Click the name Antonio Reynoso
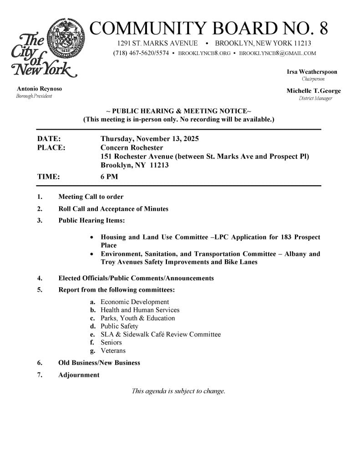pos(39,89)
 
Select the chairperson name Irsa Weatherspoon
pos(312,72)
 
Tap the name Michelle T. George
pos(314,91)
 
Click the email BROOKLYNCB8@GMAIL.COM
pos(278,53)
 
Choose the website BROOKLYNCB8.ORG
pos(204,53)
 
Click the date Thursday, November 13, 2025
pos(150,139)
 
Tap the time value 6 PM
pos(109,177)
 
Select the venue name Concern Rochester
pos(132,147)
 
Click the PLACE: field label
pos(51,147)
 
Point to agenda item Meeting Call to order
pos(91,197)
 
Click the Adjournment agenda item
pos(79,375)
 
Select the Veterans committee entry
pos(113,351)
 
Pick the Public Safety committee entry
pos(119,326)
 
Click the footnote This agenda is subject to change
pos(178,391)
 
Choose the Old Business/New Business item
pos(99,363)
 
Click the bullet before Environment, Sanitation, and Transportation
pos(92,254)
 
